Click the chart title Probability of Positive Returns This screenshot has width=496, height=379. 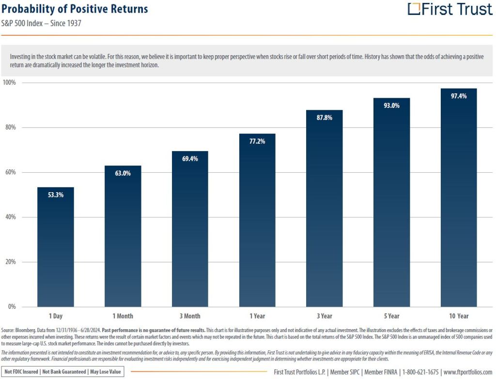pos(75,9)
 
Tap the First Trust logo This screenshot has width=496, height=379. pos(449,9)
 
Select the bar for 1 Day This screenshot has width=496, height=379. pos(56,247)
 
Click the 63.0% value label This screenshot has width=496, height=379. pos(123,173)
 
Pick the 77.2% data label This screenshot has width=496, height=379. pos(257,141)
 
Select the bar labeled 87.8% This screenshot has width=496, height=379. pos(324,208)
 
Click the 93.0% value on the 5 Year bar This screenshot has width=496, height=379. pos(391,106)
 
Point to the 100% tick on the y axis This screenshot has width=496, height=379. pos(9,83)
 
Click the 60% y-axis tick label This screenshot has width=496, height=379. pos(10,172)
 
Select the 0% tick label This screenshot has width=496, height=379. pos(12,307)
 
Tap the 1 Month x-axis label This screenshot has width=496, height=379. pos(123,316)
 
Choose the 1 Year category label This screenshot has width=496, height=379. pos(257,316)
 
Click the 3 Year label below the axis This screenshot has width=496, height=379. pos(324,316)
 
